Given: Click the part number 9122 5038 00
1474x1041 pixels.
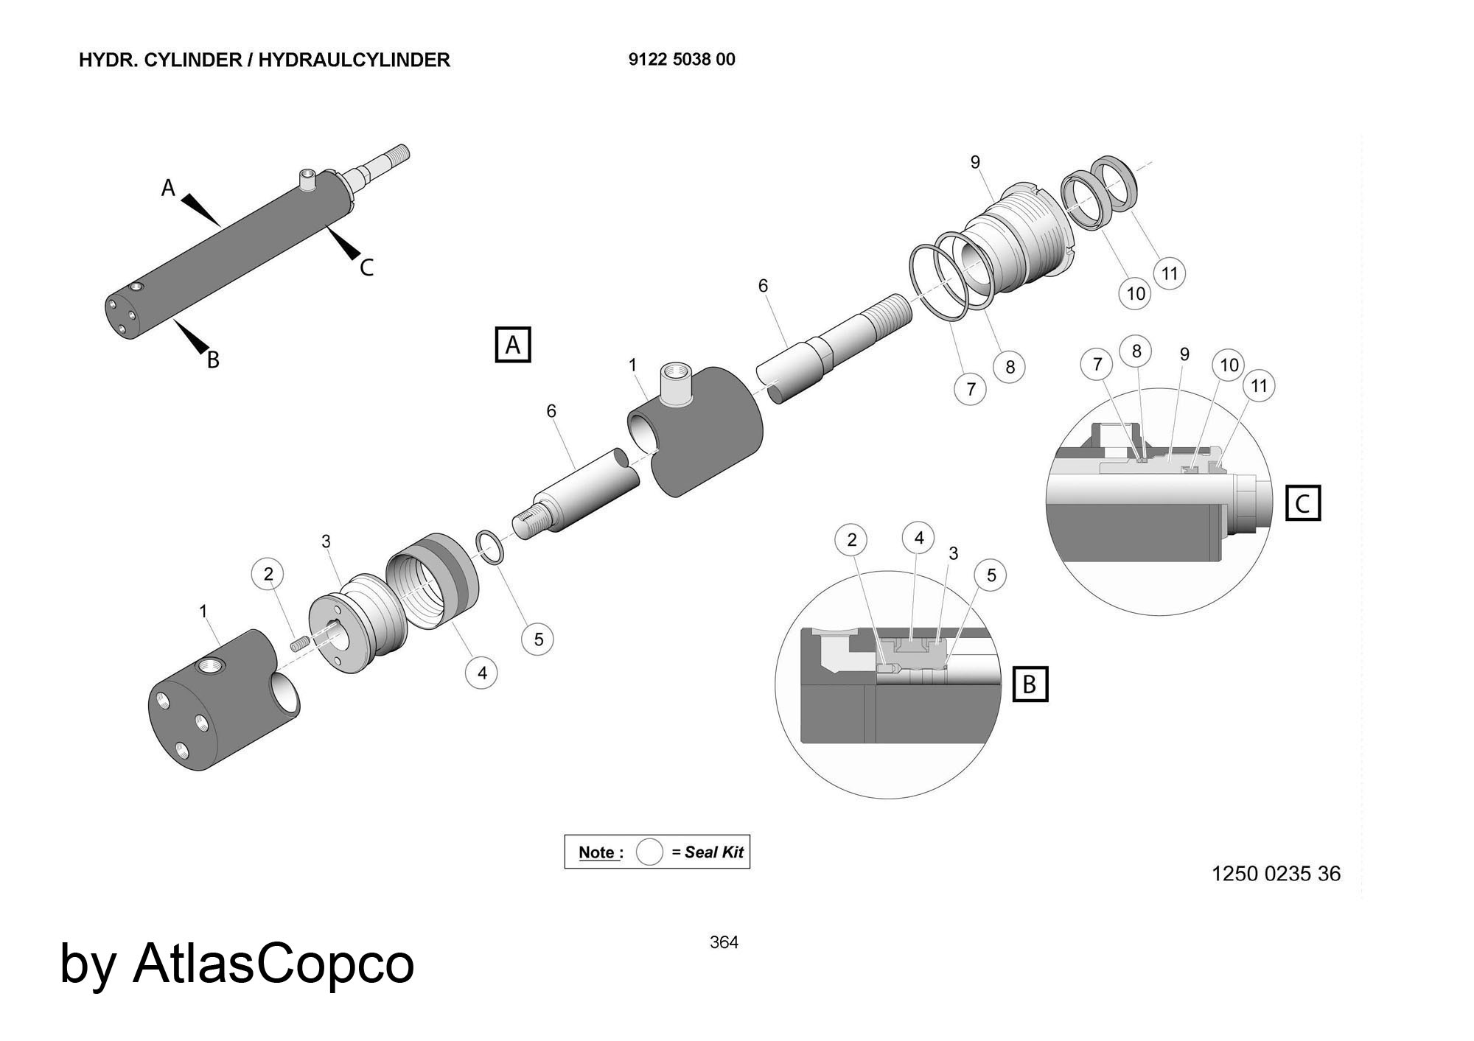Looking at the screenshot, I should [682, 60].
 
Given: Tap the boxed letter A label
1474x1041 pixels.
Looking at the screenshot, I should [513, 345].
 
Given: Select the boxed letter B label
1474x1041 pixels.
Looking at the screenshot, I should [1030, 684].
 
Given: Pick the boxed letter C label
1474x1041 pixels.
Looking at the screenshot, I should [1302, 504].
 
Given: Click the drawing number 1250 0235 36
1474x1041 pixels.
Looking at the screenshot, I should [1276, 874].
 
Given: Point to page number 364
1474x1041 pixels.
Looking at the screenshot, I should [724, 942].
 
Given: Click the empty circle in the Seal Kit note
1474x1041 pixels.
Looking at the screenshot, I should [649, 852].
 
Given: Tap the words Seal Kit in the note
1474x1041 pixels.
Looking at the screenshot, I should [713, 852].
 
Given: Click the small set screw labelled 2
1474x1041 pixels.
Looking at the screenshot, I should [298, 646].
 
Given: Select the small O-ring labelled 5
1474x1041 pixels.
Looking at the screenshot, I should [490, 547].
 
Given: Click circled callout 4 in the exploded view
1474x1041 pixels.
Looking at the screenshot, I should [482, 673].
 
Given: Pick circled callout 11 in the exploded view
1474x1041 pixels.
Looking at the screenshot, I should [1170, 274].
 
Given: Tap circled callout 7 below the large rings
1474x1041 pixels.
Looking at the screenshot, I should [971, 388].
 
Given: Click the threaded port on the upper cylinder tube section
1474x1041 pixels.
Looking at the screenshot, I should [676, 382].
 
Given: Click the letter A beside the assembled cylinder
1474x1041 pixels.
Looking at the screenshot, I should [169, 189].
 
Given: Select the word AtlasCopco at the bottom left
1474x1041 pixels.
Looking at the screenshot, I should [273, 964].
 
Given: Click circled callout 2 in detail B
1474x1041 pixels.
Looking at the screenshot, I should [852, 540].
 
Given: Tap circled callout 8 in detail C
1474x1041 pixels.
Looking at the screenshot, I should [1136, 351].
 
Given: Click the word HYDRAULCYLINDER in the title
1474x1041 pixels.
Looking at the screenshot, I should [354, 60].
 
